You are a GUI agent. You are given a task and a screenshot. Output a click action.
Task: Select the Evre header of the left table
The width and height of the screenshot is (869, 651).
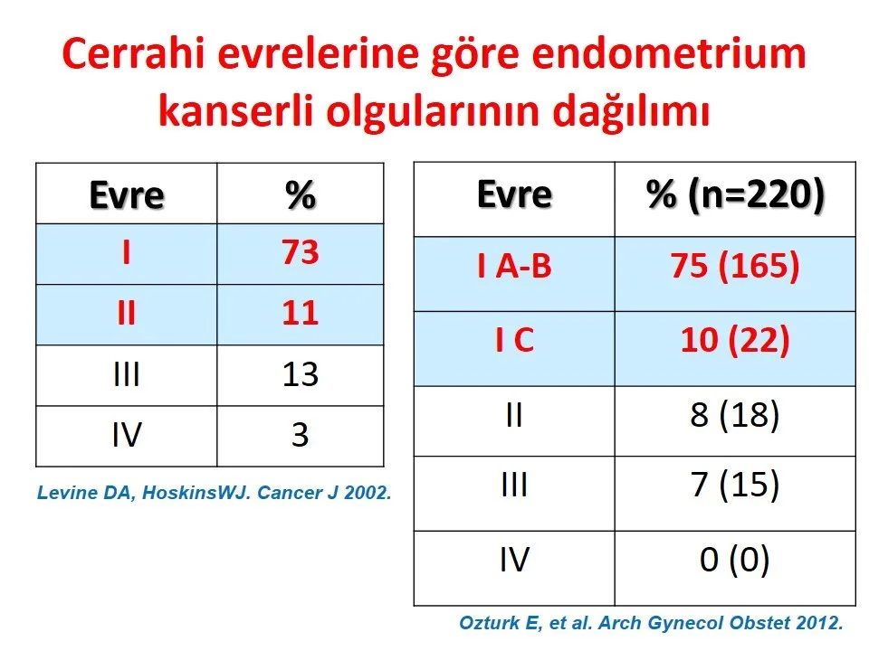pos(127,195)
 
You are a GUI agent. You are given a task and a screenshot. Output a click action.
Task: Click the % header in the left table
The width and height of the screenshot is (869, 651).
pos(301,195)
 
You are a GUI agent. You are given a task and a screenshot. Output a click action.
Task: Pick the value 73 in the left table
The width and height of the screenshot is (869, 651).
pos(300,252)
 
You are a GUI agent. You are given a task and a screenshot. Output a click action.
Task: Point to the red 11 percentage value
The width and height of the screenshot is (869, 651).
pos(300,314)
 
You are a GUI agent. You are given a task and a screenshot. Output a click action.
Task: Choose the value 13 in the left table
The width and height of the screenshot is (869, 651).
pos(300,374)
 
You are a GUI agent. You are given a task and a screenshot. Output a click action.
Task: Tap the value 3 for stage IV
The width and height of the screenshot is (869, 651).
pos(300,435)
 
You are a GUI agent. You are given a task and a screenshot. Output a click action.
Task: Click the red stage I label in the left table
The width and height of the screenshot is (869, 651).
pos(127,253)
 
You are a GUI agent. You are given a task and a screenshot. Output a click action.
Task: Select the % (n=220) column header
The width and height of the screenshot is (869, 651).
pos(735,196)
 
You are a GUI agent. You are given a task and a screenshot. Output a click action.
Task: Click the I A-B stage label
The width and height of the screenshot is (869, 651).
pos(514,266)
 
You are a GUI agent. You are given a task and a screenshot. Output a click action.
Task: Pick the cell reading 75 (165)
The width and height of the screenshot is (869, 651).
pos(735,266)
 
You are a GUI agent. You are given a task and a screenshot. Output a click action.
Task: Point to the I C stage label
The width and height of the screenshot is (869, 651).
pos(514,339)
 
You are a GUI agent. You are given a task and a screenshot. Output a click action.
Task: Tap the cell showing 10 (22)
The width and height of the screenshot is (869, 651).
pos(735,340)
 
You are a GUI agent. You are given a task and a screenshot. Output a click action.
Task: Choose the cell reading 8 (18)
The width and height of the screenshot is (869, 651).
pos(735,415)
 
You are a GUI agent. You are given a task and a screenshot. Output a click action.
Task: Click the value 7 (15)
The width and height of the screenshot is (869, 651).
pos(735,485)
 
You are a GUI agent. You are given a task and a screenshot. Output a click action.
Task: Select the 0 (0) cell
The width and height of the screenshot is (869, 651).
pos(735,560)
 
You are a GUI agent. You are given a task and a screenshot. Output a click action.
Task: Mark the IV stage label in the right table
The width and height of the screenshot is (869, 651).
pos(514,560)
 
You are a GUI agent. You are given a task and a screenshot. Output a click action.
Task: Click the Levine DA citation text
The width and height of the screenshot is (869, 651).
pos(214,493)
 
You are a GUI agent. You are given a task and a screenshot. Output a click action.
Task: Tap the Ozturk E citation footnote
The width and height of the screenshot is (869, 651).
pos(651,623)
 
